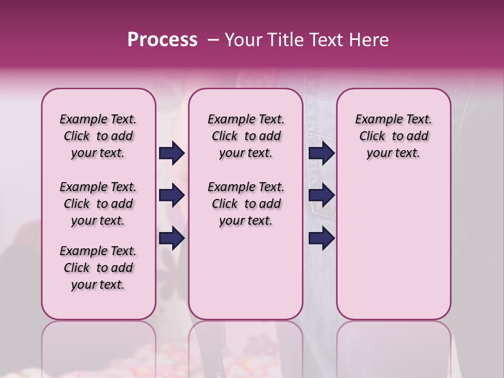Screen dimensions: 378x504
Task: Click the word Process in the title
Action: coord(162,40)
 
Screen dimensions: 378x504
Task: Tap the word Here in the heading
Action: coord(371,40)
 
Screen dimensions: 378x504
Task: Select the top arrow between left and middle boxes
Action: coord(172,153)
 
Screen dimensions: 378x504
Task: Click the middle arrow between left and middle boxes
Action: coord(172,196)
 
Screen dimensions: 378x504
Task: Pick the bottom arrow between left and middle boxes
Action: coord(172,238)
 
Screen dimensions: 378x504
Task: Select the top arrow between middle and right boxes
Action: coord(321,153)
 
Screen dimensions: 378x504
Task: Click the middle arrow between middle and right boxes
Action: coord(321,196)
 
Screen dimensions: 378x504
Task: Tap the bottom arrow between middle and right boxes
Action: coord(321,238)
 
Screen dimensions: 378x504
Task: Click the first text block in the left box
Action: coord(98,136)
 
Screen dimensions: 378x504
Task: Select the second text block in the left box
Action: coord(98,204)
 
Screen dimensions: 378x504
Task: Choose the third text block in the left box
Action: coord(98,268)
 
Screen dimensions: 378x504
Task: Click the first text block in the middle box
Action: coord(246,136)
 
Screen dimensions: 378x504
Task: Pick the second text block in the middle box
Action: coord(246,204)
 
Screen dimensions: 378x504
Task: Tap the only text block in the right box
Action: coord(393,136)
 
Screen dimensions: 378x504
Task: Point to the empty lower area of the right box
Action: coord(393,247)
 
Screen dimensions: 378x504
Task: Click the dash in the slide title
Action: coord(213,40)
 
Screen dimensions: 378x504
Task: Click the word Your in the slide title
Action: coord(242,40)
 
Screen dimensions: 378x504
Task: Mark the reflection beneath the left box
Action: coord(98,346)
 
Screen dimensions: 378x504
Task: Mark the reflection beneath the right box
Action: coord(393,346)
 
